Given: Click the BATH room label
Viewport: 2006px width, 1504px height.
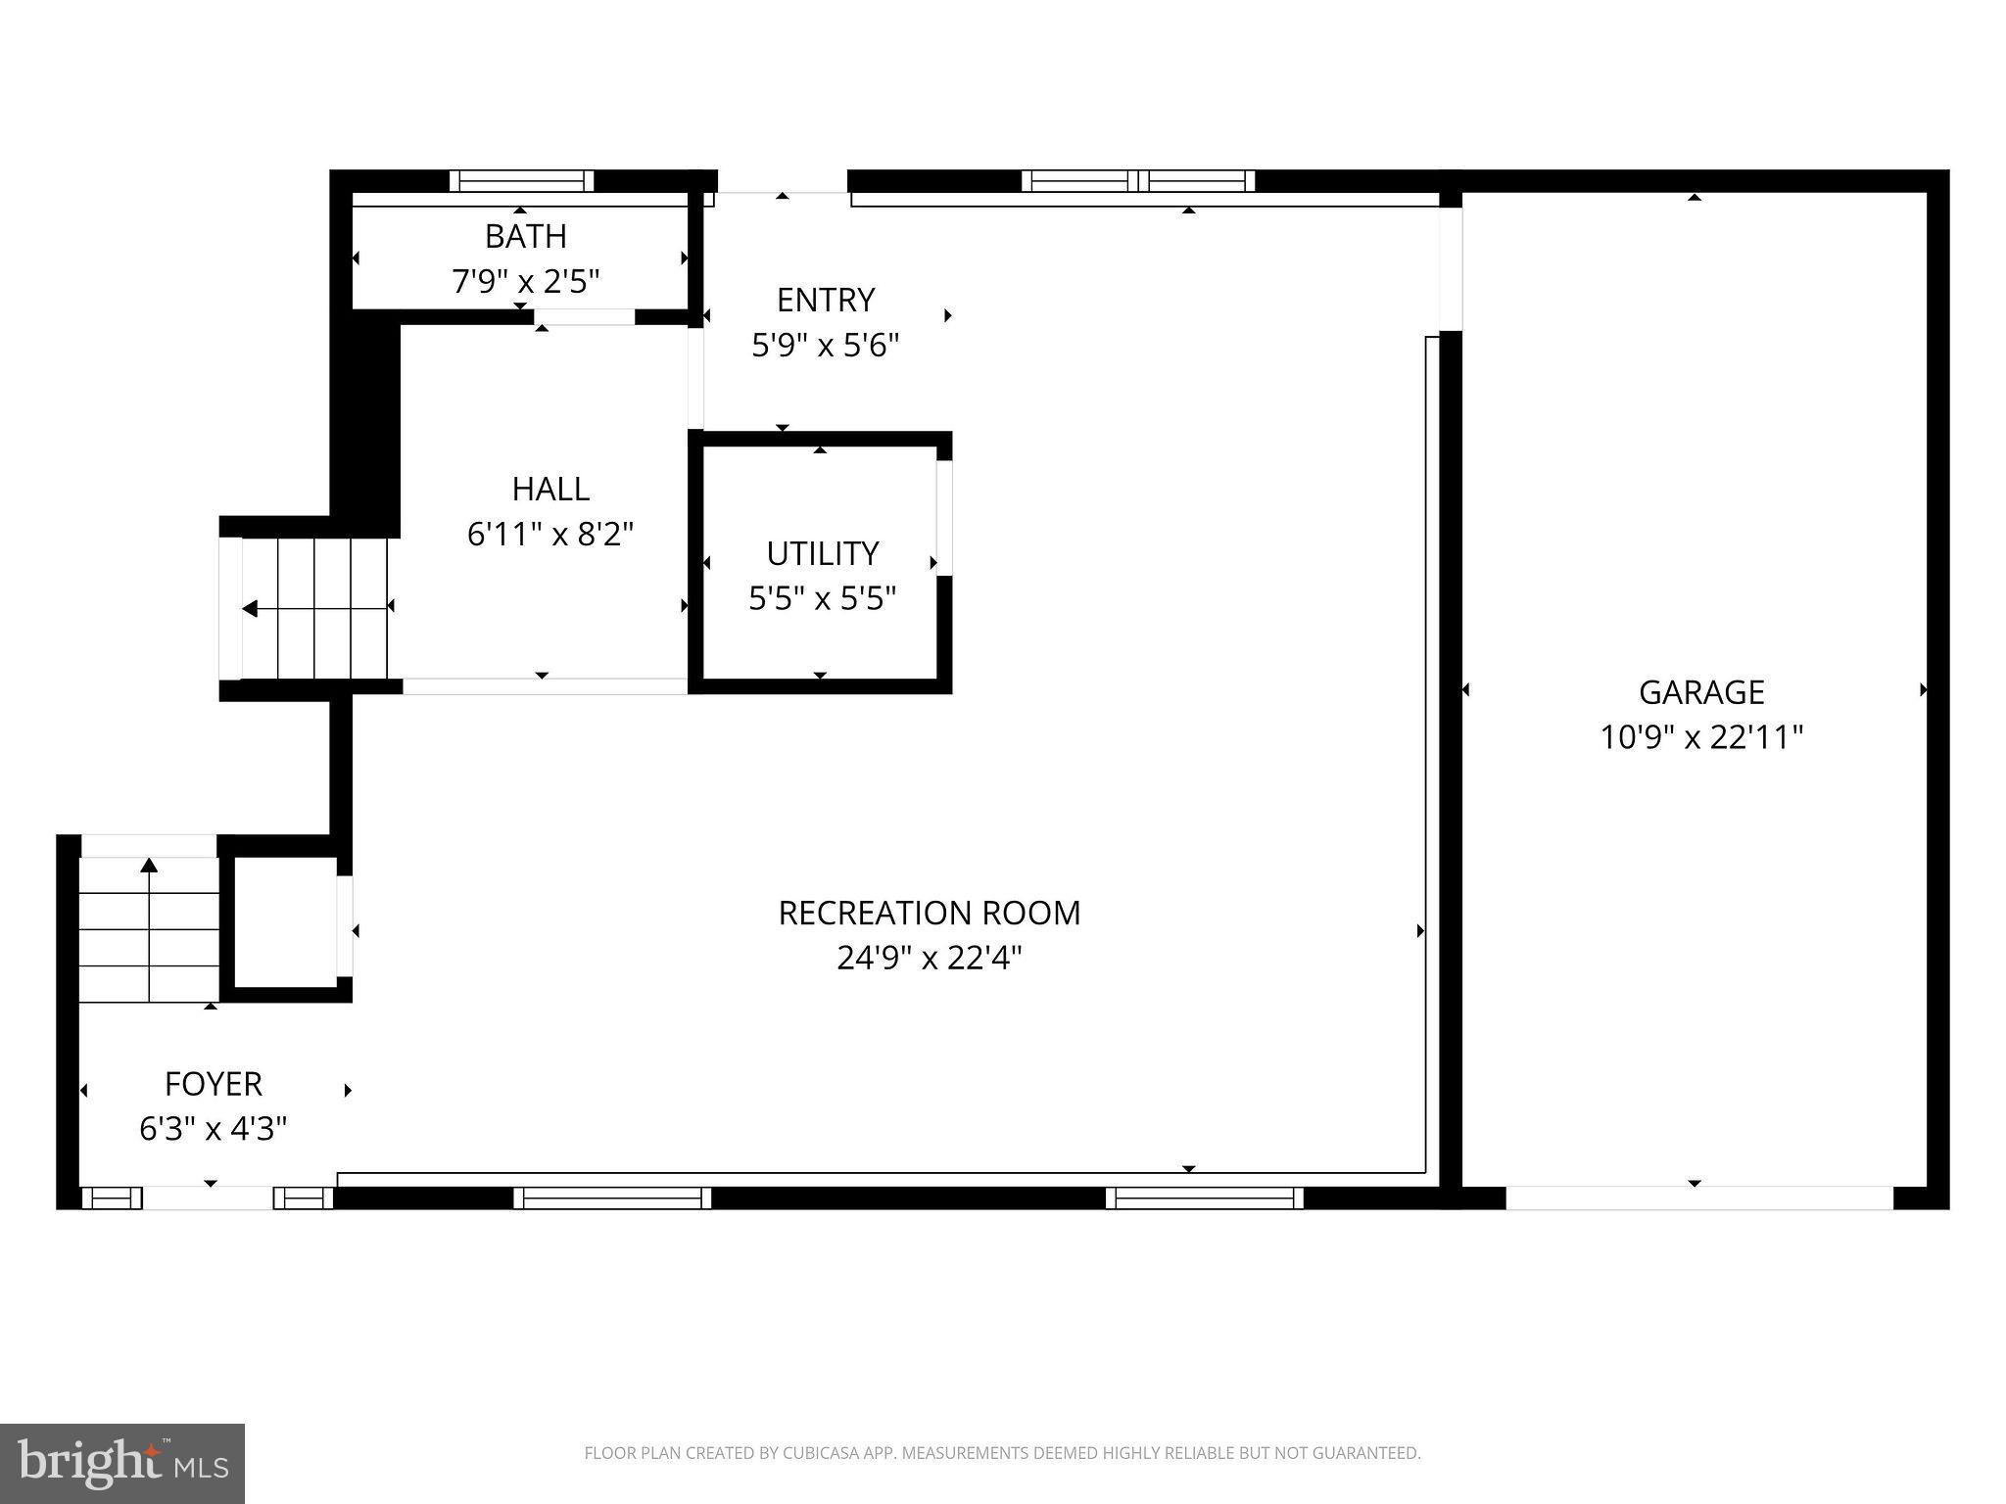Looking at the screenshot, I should pyautogui.click(x=526, y=236).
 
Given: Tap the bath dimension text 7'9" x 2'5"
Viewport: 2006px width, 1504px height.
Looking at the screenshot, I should pyautogui.click(x=526, y=282).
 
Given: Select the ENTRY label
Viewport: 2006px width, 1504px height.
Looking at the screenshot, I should pyautogui.click(x=825, y=300).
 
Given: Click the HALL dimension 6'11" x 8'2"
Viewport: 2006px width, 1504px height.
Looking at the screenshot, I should pyautogui.click(x=550, y=535).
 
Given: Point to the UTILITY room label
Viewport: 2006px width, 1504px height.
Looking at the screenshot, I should pyautogui.click(x=822, y=553).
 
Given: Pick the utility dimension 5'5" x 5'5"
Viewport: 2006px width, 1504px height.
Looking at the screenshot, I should pyautogui.click(x=822, y=598).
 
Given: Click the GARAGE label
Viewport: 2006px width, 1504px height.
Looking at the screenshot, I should pyautogui.click(x=1701, y=692).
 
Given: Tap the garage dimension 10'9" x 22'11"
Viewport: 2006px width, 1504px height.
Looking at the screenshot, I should pyautogui.click(x=1701, y=737).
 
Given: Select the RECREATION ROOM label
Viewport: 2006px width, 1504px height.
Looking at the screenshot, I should pyautogui.click(x=929, y=913).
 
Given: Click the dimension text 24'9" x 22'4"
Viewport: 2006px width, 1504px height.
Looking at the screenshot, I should pyautogui.click(x=929, y=958).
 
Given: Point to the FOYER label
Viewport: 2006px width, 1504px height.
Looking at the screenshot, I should pyautogui.click(x=214, y=1084).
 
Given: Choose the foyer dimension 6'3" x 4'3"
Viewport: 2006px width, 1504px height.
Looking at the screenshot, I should pyautogui.click(x=214, y=1129).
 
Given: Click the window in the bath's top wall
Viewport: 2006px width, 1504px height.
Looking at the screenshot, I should pyautogui.click(x=521, y=181).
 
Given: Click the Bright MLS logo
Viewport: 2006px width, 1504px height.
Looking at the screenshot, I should pyautogui.click(x=121, y=1463).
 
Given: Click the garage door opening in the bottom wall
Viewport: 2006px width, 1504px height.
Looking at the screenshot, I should pyautogui.click(x=1698, y=1198).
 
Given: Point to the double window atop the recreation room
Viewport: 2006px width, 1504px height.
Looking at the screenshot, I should pyautogui.click(x=1137, y=181).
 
